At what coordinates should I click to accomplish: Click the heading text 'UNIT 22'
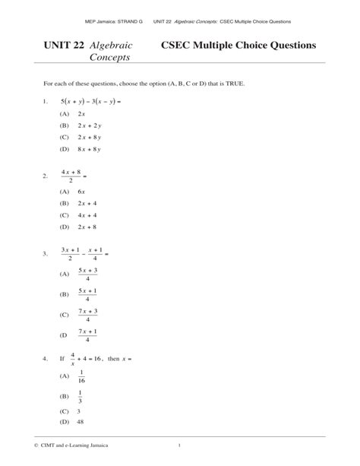click(65, 46)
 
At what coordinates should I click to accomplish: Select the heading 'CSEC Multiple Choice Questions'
click(239, 46)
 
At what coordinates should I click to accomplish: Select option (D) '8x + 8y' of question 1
click(89, 150)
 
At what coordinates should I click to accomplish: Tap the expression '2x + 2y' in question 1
click(89, 125)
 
